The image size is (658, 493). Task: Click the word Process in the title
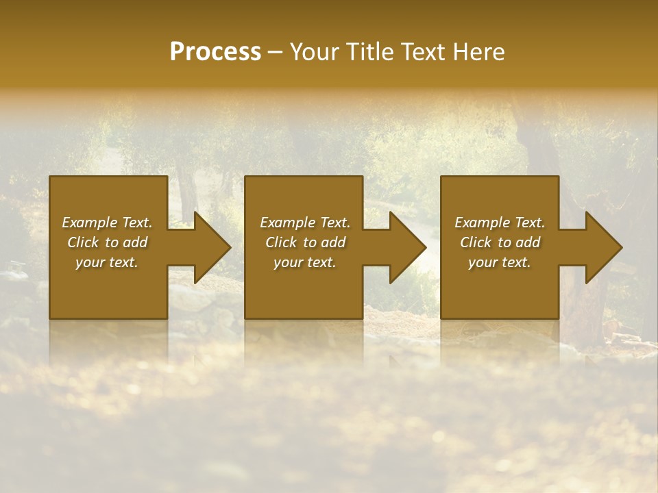coord(215,52)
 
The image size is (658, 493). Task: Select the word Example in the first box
coord(90,223)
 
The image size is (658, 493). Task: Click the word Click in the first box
coord(83,242)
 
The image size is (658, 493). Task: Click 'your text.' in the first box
coord(107,262)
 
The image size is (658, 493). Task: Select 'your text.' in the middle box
coord(305,262)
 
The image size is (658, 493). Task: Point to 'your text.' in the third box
coord(500,262)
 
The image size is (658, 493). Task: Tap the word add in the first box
coord(135,242)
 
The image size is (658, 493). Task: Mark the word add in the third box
coord(528,242)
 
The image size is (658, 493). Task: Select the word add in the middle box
coord(333,242)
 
